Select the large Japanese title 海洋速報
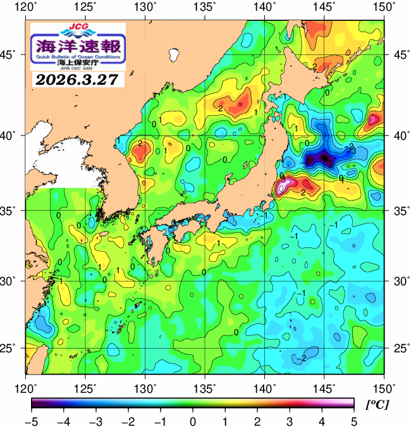tap(78, 46)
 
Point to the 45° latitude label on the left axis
tap(12, 55)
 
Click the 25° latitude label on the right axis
tap(397, 349)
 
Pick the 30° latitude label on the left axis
tap(12, 280)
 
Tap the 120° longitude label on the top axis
tap(26, 7)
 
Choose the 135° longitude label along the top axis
tap(205, 7)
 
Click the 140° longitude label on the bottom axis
tap(264, 387)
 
